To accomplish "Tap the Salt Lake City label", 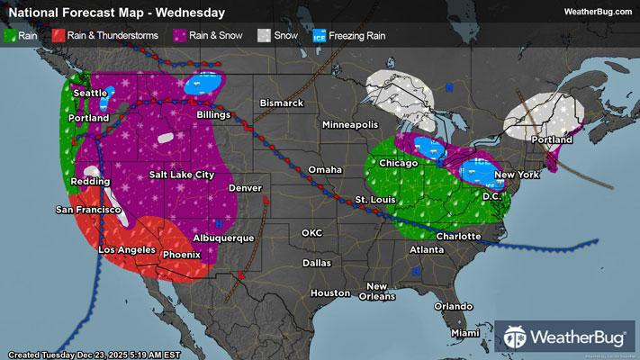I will [182, 175].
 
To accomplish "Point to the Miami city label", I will [466, 333].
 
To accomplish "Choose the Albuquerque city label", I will [224, 238].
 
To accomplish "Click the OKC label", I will [311, 232].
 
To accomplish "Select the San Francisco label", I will [88, 210].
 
